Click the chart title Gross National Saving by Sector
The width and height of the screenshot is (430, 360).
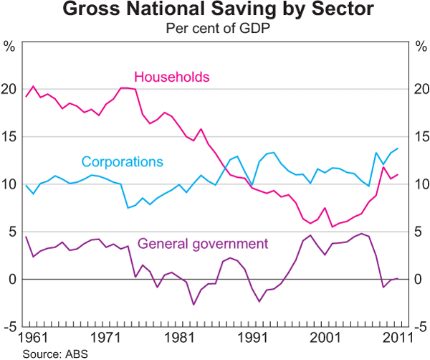click(215, 11)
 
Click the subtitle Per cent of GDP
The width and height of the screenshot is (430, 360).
click(215, 29)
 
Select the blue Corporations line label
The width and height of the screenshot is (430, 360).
click(122, 161)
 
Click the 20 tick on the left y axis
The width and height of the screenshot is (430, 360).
click(9, 90)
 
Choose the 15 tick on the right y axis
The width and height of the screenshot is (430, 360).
click(421, 137)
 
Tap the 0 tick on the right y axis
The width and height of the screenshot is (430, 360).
click(418, 279)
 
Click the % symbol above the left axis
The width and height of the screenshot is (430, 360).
click(9, 47)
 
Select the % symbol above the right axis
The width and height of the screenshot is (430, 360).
click(421, 47)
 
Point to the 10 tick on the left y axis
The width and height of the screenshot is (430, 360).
click(9, 184)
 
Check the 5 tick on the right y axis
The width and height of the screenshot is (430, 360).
click(418, 232)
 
